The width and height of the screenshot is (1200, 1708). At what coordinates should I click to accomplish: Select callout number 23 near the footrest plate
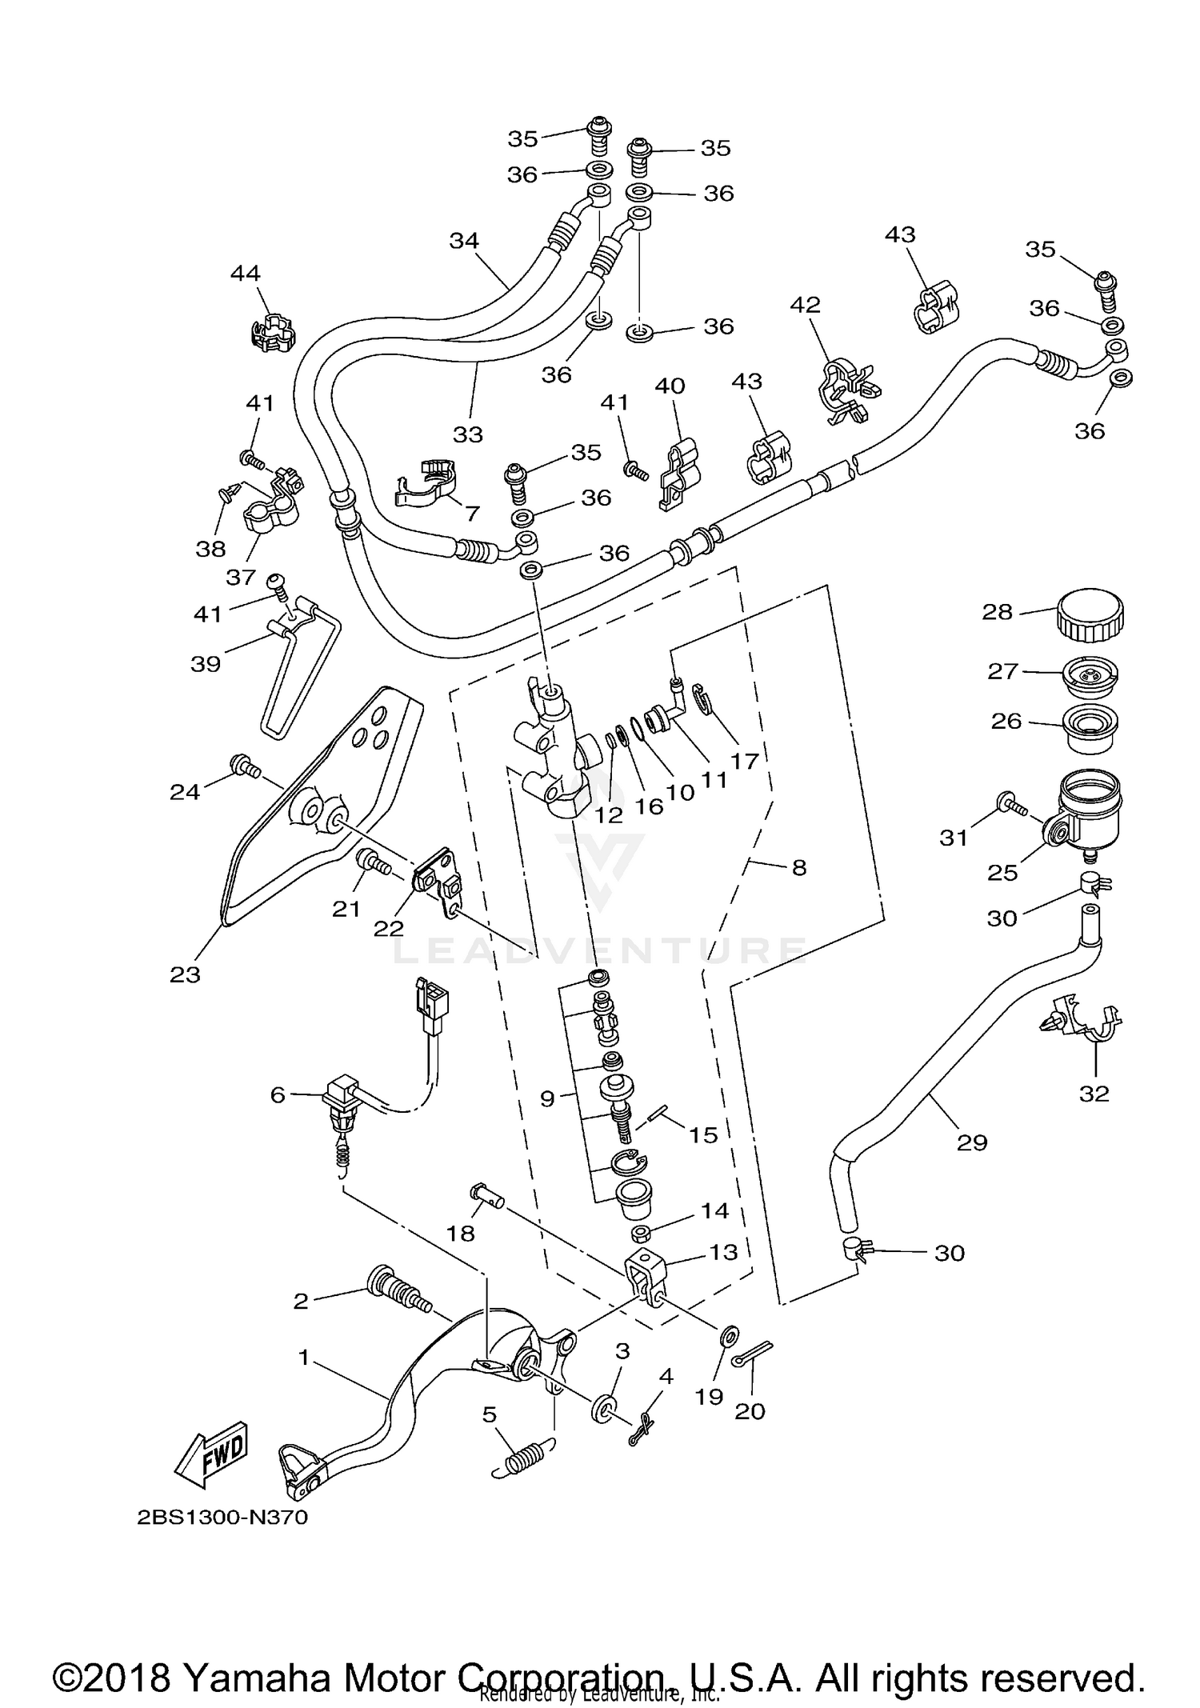point(185,974)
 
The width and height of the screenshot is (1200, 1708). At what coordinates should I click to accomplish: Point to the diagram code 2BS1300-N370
point(222,1518)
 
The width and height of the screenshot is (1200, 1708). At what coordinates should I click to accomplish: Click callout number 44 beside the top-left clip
point(245,274)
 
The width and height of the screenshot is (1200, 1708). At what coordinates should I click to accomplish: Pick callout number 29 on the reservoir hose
point(972,1142)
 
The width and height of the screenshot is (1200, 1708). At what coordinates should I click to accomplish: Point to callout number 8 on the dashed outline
point(798,867)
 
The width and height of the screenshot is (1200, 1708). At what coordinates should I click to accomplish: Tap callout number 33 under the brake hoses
point(468,434)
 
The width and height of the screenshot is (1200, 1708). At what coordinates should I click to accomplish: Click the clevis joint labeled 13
point(645,1272)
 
